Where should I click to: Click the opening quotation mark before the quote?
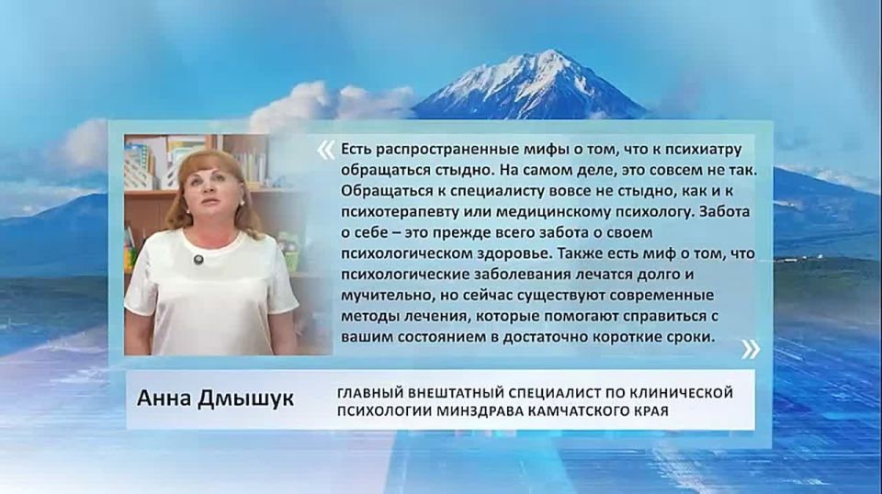(x=325, y=150)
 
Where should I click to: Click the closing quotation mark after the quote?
(x=751, y=348)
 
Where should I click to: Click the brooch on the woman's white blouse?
(x=197, y=261)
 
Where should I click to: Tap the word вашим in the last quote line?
(x=360, y=338)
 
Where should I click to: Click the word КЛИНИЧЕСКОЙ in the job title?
(x=682, y=393)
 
